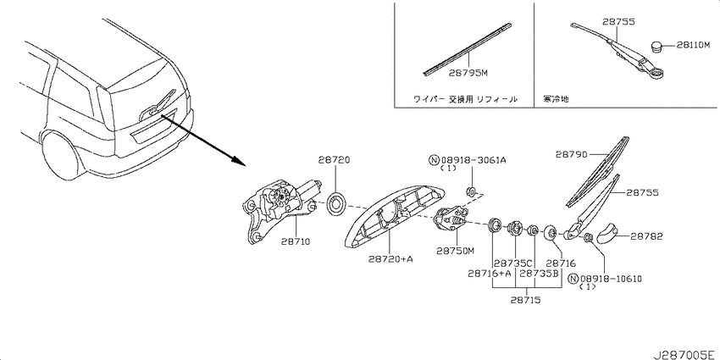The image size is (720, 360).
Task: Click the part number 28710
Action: pos(296,241)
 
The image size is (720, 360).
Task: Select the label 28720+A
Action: pos(390,259)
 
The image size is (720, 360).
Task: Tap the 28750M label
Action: pos(455,251)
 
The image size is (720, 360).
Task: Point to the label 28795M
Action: pos(468,73)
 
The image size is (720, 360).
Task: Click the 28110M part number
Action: pos(693,45)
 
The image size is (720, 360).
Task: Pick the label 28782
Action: pos(646,236)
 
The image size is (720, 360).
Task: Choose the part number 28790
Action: pos(571,155)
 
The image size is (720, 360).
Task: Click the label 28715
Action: pos(525,301)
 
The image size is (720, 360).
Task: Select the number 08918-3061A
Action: pos(474,160)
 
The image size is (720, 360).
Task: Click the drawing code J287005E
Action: pos(684,354)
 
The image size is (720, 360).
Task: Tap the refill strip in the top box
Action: pos(467,47)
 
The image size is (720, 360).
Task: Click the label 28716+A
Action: pos(490,274)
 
